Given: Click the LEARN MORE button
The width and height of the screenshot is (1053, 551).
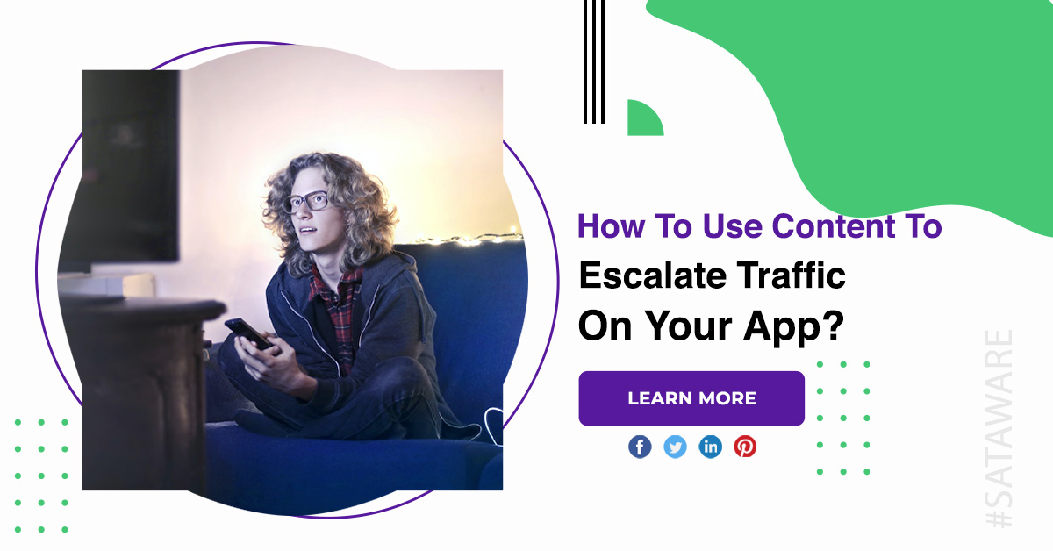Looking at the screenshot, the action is pyautogui.click(x=691, y=398).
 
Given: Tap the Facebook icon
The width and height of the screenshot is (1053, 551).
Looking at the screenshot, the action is pyautogui.click(x=640, y=447).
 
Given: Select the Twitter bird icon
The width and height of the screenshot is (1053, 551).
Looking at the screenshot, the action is pyautogui.click(x=675, y=447).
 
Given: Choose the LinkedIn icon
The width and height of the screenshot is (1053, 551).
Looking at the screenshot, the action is pyautogui.click(x=710, y=447).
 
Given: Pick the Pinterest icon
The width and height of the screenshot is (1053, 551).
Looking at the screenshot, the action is pyautogui.click(x=745, y=447).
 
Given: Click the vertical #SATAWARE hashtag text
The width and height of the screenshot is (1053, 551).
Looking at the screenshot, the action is pyautogui.click(x=999, y=428).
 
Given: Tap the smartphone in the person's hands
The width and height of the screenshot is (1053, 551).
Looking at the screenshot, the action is pyautogui.click(x=248, y=333).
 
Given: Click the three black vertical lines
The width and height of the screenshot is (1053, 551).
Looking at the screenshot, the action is pyautogui.click(x=594, y=61).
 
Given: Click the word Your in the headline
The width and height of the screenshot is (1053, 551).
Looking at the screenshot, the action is pyautogui.click(x=691, y=326).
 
